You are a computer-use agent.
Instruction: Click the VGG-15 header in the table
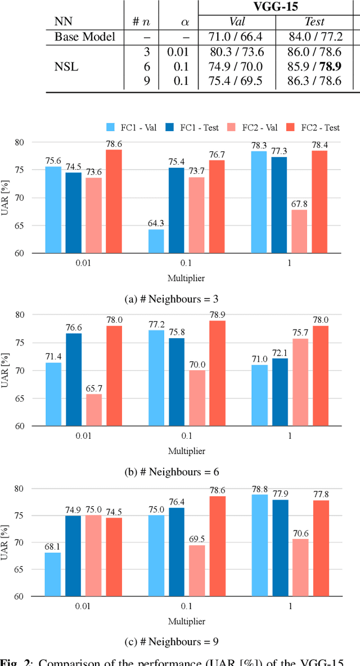tap(275, 7)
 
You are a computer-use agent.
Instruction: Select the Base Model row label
tap(84, 37)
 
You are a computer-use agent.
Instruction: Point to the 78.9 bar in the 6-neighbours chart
tap(217, 373)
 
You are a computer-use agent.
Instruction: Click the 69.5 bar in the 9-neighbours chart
tap(197, 570)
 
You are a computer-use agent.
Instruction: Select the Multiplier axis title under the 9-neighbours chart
tap(186, 622)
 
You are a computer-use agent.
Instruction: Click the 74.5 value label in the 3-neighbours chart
tap(73, 166)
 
